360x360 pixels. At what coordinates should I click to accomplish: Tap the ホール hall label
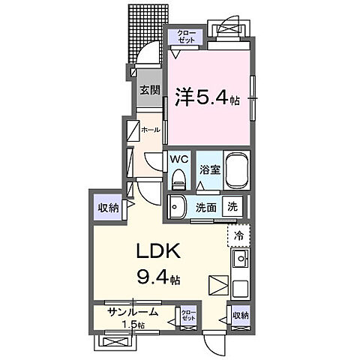(x=150, y=129)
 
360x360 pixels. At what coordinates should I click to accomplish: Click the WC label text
(x=178, y=159)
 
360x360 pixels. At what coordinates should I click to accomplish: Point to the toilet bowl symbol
(x=178, y=178)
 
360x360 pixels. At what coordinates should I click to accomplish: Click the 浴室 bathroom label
(x=209, y=169)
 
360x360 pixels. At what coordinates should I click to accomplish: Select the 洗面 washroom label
(x=206, y=207)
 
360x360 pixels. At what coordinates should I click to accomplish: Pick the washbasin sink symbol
(x=178, y=206)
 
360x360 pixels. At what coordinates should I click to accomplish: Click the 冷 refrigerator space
(x=239, y=235)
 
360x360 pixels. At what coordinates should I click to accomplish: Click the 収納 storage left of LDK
(x=107, y=208)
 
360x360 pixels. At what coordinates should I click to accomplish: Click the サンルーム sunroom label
(x=131, y=313)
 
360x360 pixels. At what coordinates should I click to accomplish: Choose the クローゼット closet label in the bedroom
(x=185, y=36)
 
